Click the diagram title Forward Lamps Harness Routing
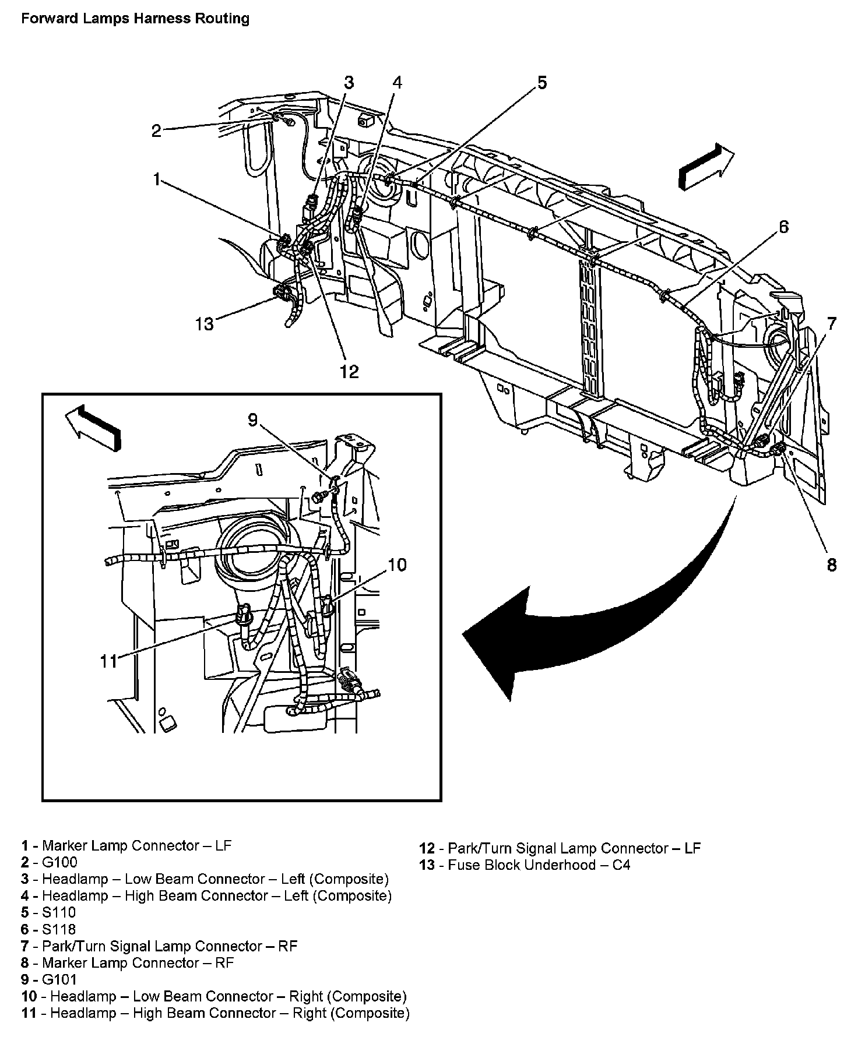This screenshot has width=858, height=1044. (135, 19)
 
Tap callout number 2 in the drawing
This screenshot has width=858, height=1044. (156, 130)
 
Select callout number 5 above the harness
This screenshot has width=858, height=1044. (542, 83)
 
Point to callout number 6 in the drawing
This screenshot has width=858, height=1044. (783, 227)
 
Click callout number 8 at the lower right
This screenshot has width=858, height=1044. (832, 564)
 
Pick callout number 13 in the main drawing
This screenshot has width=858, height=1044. (205, 323)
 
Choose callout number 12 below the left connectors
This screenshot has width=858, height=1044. (349, 371)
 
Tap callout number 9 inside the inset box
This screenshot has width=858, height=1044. (253, 419)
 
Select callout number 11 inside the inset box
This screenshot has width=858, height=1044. (109, 661)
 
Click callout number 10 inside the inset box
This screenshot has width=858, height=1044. (397, 565)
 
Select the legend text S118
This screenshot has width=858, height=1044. (59, 929)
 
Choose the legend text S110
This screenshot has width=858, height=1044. (59, 912)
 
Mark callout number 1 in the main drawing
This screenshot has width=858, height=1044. (156, 180)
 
